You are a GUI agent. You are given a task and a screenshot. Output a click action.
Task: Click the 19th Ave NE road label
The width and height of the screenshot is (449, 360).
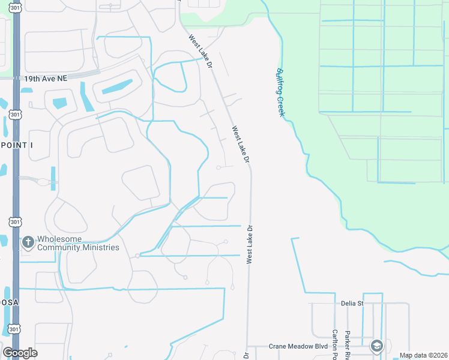(46, 78)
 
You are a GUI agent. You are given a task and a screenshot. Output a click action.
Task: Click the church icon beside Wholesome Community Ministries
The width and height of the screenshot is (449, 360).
(27, 242)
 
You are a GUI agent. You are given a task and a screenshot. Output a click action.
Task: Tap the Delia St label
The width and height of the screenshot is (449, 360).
(352, 304)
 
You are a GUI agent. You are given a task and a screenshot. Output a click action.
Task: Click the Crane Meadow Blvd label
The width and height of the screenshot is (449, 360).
(298, 347)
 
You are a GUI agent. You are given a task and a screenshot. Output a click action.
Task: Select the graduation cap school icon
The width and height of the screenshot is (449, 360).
(376, 346)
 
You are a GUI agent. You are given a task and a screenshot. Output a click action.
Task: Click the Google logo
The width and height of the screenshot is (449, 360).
(20, 353)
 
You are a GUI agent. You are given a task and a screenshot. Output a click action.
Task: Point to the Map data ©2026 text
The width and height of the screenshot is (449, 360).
(423, 355)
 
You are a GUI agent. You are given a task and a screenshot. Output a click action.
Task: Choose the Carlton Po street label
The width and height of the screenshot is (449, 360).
(335, 341)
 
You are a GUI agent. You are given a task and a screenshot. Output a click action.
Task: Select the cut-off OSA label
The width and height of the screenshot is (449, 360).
(10, 303)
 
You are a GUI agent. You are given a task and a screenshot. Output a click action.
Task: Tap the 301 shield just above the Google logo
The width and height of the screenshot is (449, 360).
(15, 329)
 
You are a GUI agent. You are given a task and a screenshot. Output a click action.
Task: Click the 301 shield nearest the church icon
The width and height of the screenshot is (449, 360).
(15, 223)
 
